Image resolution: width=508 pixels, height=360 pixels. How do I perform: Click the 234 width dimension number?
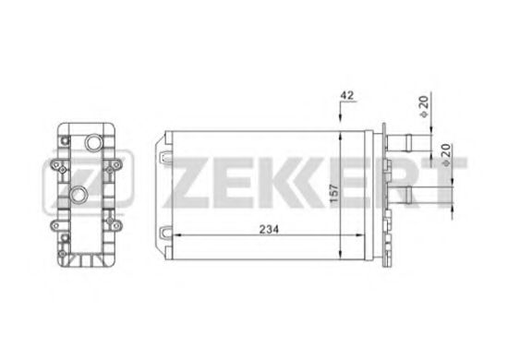269,229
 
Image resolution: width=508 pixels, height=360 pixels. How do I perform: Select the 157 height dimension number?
333,193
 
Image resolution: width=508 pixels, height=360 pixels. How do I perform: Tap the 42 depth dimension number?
347,95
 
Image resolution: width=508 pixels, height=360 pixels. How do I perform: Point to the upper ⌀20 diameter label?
423,107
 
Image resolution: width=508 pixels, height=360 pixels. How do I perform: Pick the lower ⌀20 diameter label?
446,155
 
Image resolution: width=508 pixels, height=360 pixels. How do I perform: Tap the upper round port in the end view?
94,142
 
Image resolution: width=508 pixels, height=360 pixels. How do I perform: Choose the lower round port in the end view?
79,195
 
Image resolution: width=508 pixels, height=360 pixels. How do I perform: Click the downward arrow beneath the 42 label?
340,112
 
